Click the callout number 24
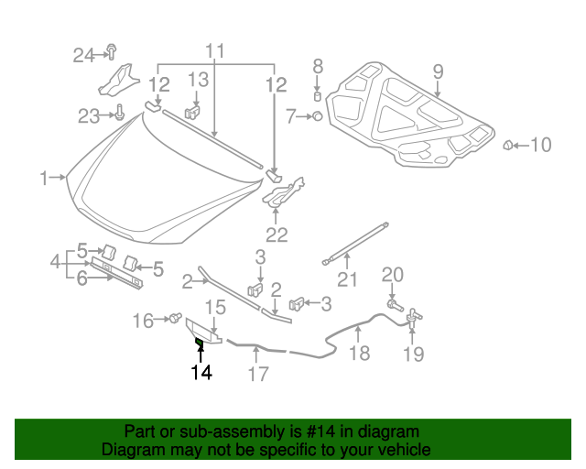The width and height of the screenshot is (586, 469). (x=84, y=56)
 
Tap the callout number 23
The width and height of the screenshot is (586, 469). (x=89, y=115)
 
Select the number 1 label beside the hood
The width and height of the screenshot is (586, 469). (x=45, y=179)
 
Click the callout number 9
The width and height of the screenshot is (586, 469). (x=438, y=71)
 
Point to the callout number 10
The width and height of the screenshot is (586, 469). (x=541, y=144)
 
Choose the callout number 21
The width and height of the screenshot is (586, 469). (x=346, y=280)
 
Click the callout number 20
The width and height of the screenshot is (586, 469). (x=392, y=274)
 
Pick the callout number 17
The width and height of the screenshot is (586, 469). (x=258, y=374)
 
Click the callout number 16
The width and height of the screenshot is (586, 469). (x=145, y=320)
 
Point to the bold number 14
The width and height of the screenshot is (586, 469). (x=201, y=373)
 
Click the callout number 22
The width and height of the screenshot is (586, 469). (x=277, y=234)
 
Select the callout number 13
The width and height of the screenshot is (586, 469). (x=199, y=81)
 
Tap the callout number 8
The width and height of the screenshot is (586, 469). (x=319, y=66)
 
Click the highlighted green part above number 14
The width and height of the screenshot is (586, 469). (x=199, y=344)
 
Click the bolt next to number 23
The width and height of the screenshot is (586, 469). (x=120, y=115)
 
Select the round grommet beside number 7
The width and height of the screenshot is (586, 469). (x=316, y=116)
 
